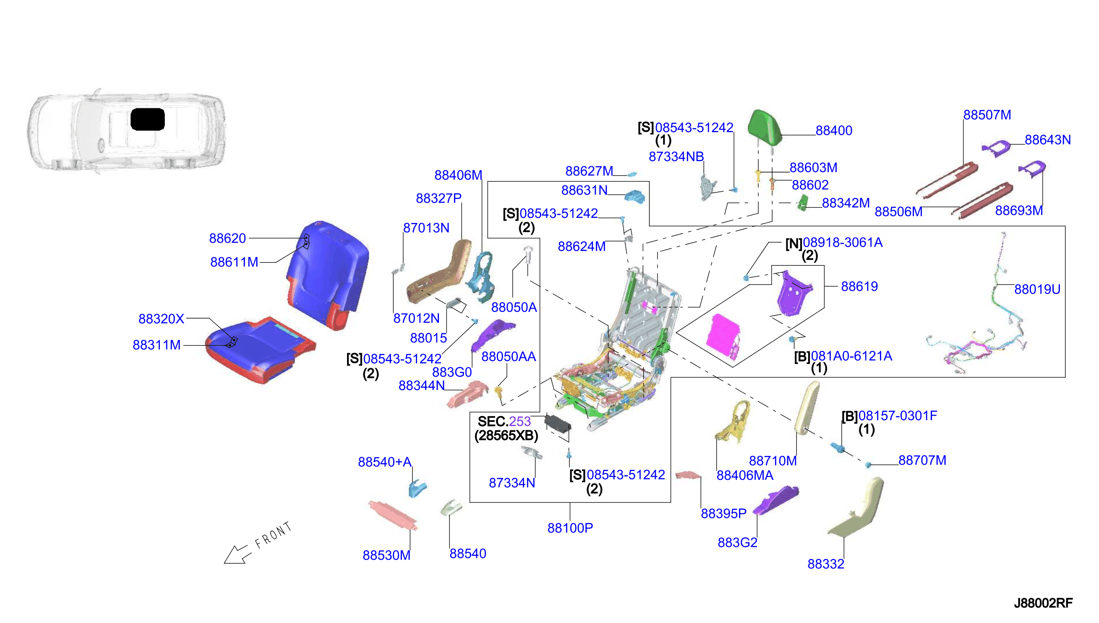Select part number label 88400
833,131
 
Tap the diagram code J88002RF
1043,603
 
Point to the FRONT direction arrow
236,555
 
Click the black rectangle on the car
148,119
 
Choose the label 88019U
1037,290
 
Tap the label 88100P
570,528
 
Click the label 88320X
161,319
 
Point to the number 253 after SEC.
519,421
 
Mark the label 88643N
1048,140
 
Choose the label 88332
826,564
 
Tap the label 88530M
386,555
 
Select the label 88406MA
745,475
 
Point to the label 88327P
439,198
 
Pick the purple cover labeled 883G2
775,499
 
